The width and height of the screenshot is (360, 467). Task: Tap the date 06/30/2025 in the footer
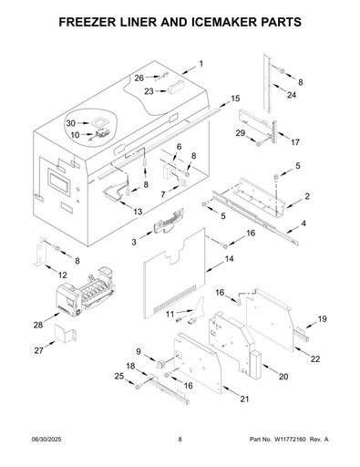click(x=46, y=439)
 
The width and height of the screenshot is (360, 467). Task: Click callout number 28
click(x=38, y=325)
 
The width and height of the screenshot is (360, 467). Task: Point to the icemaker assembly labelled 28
click(x=86, y=292)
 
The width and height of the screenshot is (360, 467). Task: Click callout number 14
click(x=230, y=259)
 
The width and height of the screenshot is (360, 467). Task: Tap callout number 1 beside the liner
click(x=201, y=64)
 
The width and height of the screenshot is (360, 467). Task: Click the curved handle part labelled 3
click(x=168, y=222)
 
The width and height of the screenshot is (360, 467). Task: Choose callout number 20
click(x=283, y=377)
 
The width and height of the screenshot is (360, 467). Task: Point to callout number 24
click(x=292, y=95)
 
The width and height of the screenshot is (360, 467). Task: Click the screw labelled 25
click(x=138, y=387)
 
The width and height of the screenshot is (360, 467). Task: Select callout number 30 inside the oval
click(x=71, y=123)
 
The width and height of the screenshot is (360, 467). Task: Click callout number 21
click(x=244, y=399)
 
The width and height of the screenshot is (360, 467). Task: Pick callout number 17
click(x=294, y=142)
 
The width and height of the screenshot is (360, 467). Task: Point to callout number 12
click(x=62, y=275)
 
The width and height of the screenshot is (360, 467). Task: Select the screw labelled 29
click(x=259, y=144)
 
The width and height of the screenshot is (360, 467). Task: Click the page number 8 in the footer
click(x=180, y=439)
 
